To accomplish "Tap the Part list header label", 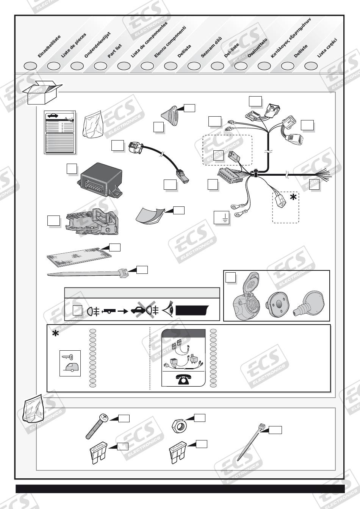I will (x=114, y=51).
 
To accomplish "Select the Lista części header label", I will (x=327, y=48).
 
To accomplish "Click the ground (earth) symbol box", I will (x=222, y=218).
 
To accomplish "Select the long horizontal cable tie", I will (x=87, y=273).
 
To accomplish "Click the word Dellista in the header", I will (x=184, y=51).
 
